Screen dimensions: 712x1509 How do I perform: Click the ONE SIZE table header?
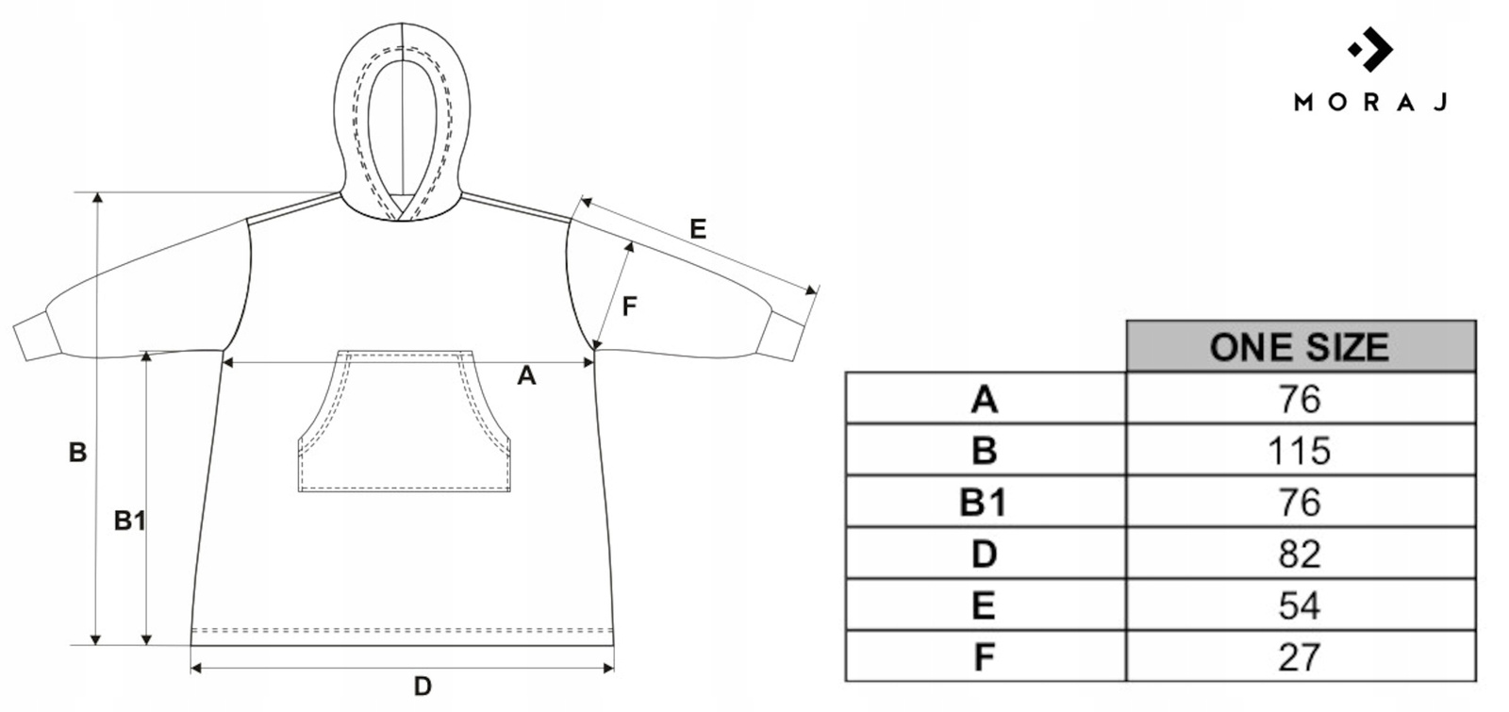click(1300, 346)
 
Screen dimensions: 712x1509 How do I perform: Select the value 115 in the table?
click(1300, 451)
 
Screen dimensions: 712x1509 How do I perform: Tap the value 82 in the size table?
click(1300, 554)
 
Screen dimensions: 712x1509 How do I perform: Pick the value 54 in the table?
click(1300, 605)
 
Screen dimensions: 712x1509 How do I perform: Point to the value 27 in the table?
click(1300, 656)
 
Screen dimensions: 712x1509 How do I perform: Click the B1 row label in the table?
click(984, 503)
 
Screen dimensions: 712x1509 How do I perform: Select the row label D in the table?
click(984, 554)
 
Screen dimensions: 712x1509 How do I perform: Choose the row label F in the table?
click(984, 656)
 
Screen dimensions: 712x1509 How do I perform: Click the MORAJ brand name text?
click(1370, 103)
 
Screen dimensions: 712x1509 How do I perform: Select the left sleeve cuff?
click(34, 339)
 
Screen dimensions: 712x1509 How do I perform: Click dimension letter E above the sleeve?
click(698, 229)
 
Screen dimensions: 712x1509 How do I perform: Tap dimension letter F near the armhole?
click(630, 306)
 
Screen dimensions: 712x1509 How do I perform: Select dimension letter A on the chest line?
click(526, 376)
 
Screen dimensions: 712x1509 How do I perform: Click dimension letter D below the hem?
click(423, 687)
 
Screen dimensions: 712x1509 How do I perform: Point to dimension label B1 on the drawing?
click(129, 520)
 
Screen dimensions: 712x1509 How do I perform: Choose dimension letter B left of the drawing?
click(77, 453)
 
